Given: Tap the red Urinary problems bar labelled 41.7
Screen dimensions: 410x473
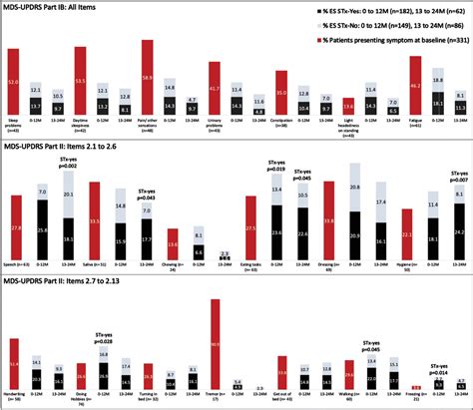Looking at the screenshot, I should tap(214, 91).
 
